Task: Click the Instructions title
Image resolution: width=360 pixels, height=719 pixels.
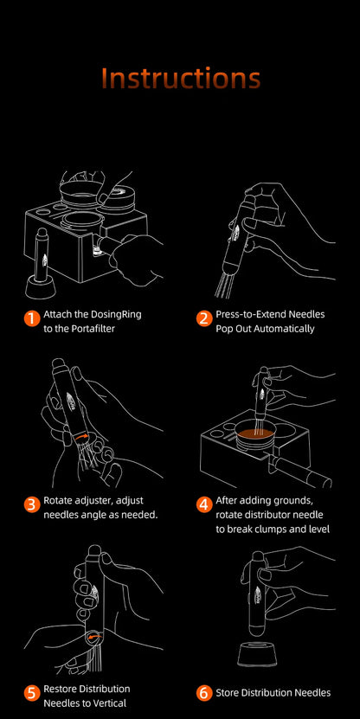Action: tap(180, 78)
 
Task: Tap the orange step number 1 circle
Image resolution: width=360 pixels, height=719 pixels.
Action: tap(31, 321)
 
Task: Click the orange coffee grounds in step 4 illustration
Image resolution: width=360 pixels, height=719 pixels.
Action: tap(255, 433)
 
